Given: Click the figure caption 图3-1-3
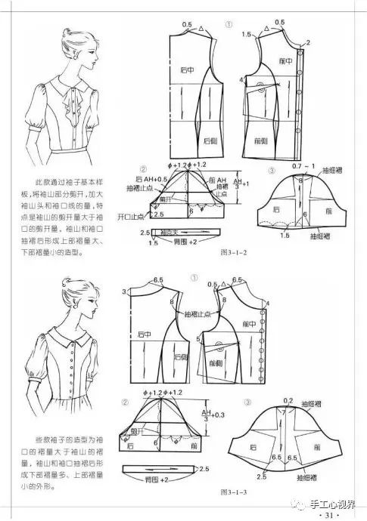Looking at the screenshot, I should pos(234,492).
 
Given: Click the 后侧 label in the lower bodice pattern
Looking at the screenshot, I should pos(182,355).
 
